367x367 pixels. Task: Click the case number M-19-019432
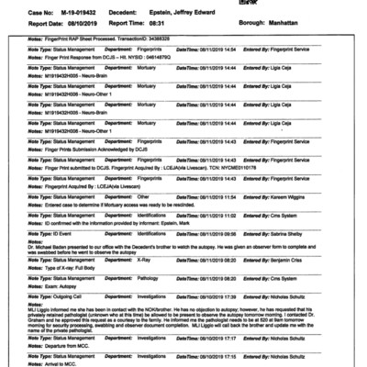(x=61, y=6)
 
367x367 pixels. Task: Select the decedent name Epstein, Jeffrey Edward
(x=188, y=6)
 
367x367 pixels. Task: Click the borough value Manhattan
(x=293, y=17)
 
